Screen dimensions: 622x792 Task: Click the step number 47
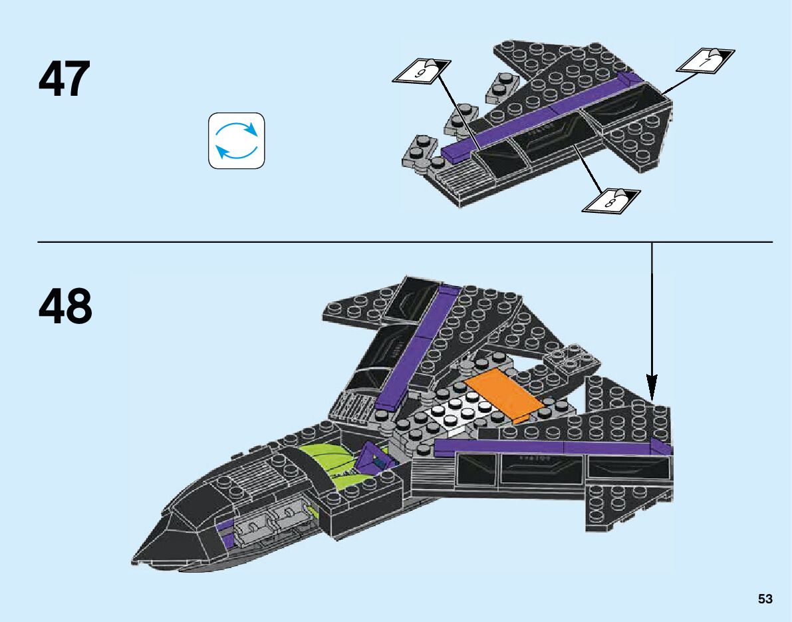click(65, 79)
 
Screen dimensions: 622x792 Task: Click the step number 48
click(65, 307)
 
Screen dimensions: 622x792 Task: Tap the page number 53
click(765, 599)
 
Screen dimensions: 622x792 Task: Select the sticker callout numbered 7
click(705, 60)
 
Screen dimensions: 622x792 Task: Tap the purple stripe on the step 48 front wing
click(552, 448)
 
